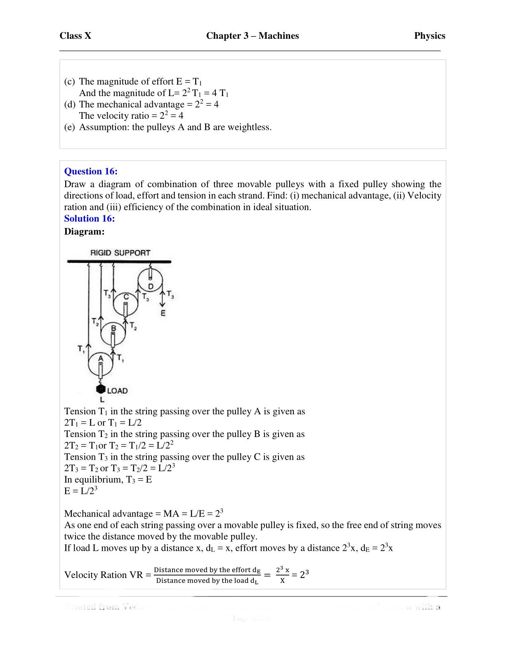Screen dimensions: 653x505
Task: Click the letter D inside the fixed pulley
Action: (x=151, y=286)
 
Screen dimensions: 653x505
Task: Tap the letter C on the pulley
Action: (x=126, y=297)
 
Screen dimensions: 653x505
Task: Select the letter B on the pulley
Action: (x=113, y=329)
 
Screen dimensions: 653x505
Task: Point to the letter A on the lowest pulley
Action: (x=100, y=359)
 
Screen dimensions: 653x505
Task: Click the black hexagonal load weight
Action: (x=101, y=389)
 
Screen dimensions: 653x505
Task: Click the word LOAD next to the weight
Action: (x=118, y=390)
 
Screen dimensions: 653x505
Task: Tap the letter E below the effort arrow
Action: (x=163, y=313)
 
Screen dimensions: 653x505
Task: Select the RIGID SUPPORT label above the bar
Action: (x=120, y=253)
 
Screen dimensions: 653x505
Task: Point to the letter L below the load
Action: (x=102, y=399)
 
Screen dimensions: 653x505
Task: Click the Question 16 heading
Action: (x=91, y=171)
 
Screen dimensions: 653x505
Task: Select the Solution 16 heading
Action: (x=90, y=218)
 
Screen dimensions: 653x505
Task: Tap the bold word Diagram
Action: (x=84, y=232)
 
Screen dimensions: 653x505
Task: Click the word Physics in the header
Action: (x=429, y=36)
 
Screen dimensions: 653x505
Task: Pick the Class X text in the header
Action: (x=75, y=36)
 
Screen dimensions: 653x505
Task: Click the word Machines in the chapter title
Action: (x=278, y=36)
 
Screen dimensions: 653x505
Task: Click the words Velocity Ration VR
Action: (x=104, y=575)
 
